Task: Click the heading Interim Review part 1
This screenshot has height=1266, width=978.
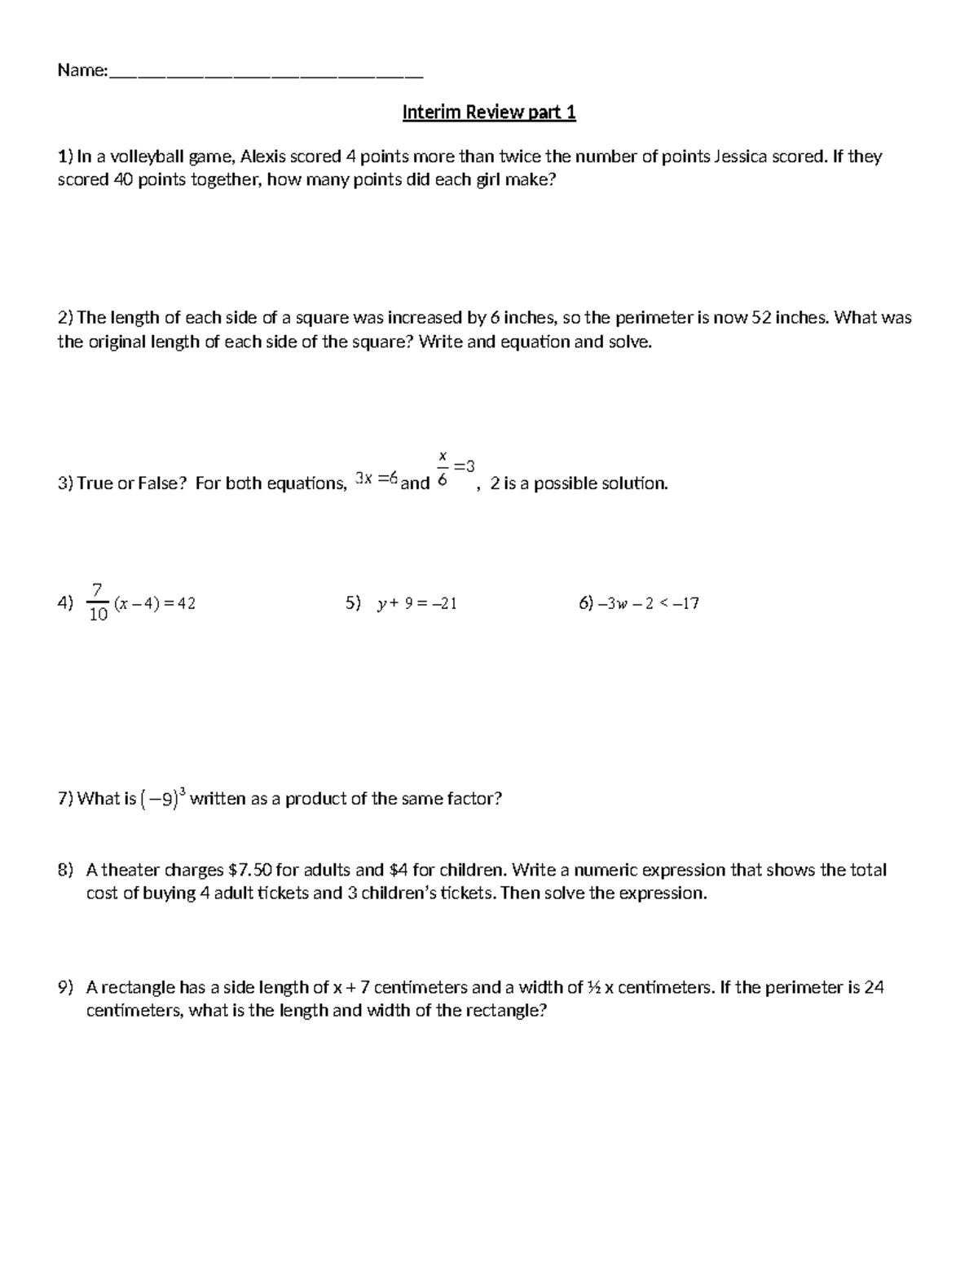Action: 489,112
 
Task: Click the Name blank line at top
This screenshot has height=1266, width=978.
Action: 266,73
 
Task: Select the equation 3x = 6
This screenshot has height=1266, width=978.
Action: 376,480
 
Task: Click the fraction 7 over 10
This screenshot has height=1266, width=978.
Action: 98,602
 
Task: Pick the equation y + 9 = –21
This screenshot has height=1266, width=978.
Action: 416,604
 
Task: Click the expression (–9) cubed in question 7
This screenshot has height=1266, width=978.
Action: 164,798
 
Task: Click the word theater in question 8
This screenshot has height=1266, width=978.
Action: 129,870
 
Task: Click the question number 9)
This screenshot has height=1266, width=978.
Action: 66,988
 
